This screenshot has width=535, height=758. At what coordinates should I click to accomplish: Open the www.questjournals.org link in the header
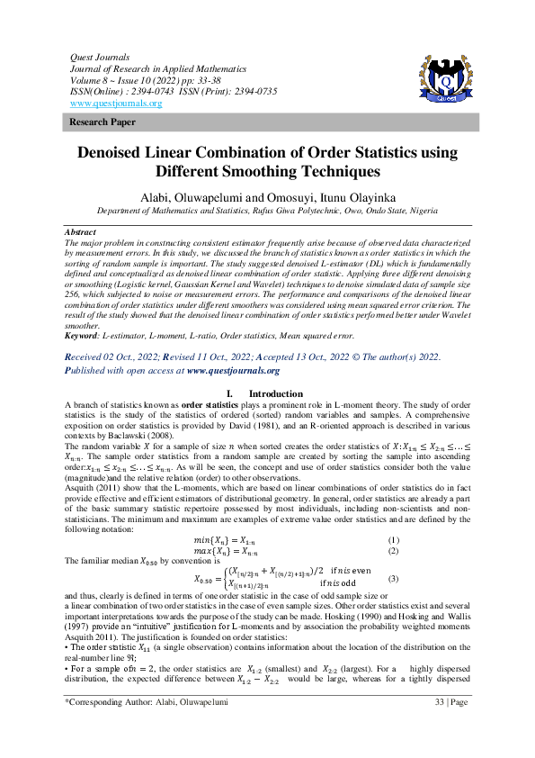point(115,104)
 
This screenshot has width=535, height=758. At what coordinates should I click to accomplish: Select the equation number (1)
point(391,538)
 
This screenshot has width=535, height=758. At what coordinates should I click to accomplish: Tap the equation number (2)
point(391,549)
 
